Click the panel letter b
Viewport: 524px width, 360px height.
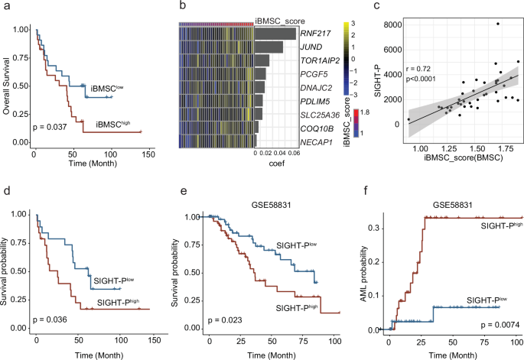(x=181, y=7)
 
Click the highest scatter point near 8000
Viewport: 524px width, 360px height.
(x=497, y=24)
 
